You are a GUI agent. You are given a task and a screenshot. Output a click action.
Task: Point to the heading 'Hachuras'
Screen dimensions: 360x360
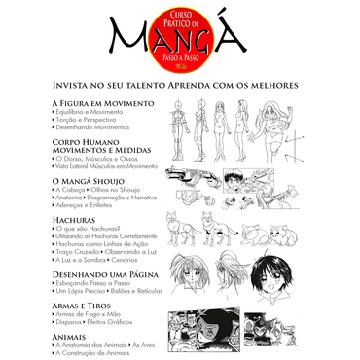pyautogui.click(x=72, y=220)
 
